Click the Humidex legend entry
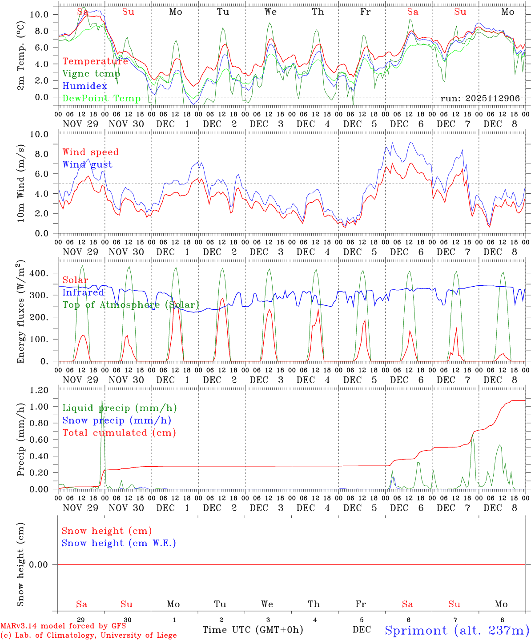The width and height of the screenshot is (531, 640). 84,86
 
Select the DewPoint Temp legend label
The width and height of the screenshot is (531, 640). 101,99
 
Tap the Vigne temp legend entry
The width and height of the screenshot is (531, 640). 91,74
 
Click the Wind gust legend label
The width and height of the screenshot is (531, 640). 87,164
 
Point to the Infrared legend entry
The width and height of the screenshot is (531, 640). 83,292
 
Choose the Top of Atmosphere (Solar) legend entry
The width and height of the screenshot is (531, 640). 130,305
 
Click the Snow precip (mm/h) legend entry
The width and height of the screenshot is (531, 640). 117,420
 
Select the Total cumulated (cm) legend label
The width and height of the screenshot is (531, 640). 119,433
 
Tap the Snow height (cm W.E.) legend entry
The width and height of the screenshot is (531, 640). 119,543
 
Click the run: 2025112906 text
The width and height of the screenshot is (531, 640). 480,99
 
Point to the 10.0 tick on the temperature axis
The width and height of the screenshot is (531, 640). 39,15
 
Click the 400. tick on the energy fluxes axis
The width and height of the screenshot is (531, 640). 39,273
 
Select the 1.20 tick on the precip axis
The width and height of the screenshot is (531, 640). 39,390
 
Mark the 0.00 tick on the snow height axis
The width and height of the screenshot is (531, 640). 39,564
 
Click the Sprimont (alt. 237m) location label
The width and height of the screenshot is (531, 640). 457,631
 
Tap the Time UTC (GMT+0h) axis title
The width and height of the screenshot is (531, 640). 253,630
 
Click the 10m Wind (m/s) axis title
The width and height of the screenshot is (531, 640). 21,184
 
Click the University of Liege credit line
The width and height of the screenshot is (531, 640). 88,636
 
